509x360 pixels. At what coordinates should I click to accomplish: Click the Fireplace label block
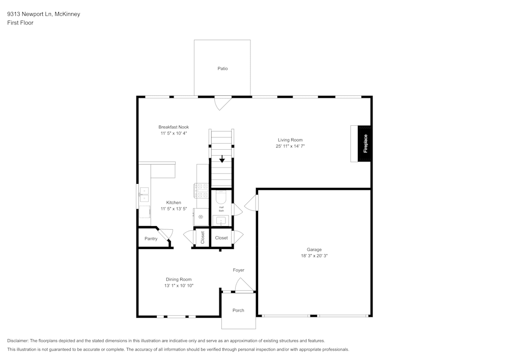(x=364, y=144)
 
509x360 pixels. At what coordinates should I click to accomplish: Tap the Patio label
(x=222, y=68)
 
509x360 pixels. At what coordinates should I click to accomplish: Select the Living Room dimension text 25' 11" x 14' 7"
(x=290, y=146)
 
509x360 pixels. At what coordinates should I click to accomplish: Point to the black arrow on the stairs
(x=222, y=159)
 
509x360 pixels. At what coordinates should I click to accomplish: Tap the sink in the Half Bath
(x=221, y=220)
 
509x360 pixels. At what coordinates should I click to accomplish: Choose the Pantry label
(x=151, y=238)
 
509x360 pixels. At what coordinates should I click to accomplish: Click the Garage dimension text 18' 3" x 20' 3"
(x=314, y=256)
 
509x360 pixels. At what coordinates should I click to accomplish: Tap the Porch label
(x=238, y=310)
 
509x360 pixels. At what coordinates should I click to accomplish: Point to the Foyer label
(x=239, y=270)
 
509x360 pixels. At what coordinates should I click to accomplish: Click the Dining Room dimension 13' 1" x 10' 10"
(x=179, y=286)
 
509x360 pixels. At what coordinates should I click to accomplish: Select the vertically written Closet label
(x=202, y=238)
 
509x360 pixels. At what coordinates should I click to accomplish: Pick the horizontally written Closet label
(x=221, y=238)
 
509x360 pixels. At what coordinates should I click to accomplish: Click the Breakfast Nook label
(x=174, y=127)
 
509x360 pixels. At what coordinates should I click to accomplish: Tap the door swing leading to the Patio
(x=222, y=102)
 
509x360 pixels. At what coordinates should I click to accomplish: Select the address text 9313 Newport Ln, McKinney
(x=43, y=14)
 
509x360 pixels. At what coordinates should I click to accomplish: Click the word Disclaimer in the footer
(x=18, y=341)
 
